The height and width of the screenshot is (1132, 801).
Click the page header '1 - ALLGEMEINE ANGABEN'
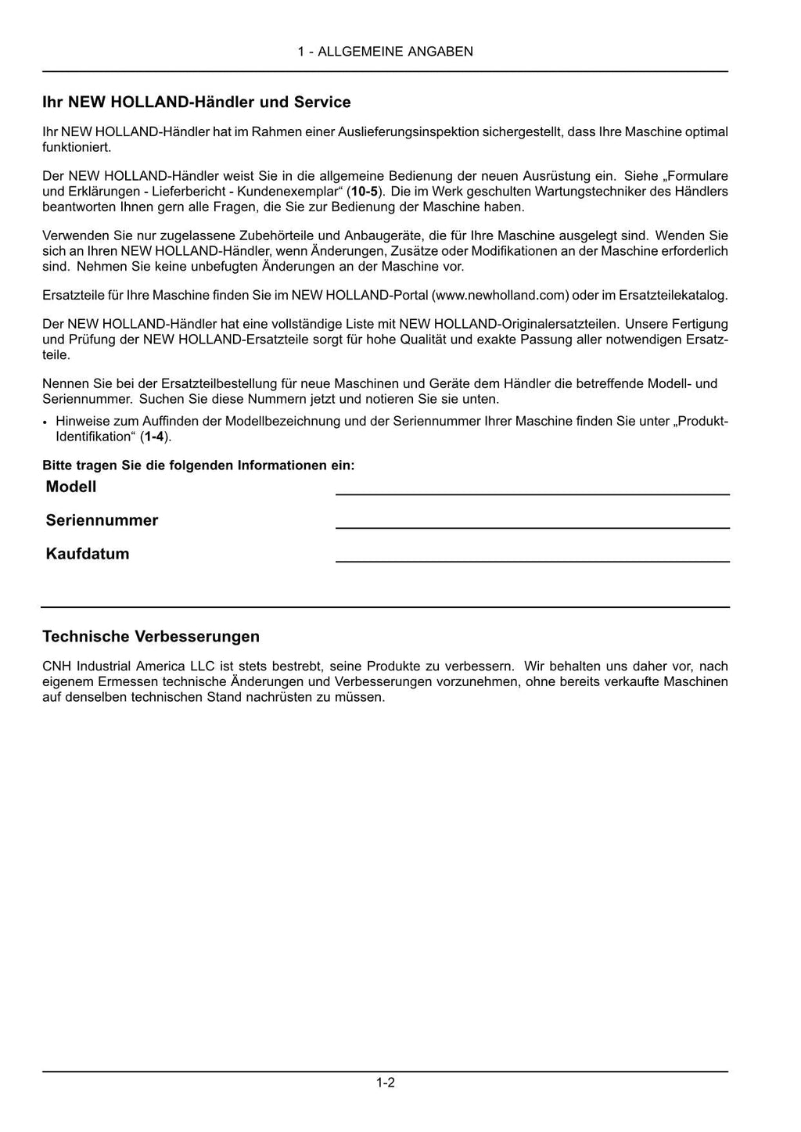click(385, 52)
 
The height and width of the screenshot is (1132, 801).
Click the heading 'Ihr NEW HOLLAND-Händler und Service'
click(196, 102)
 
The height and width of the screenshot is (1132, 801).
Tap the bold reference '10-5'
click(365, 192)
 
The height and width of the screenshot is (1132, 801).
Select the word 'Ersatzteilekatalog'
click(673, 295)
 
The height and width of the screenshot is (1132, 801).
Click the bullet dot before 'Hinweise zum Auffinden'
click(46, 422)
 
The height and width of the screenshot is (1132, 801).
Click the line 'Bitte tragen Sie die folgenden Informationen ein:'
click(199, 465)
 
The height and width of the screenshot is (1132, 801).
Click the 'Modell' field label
click(71, 487)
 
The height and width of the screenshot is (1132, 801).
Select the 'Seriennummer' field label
click(102, 520)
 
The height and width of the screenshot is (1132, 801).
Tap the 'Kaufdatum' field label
click(88, 554)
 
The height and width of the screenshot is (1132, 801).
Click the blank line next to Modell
click(532, 493)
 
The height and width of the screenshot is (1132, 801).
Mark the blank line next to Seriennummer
click(532, 526)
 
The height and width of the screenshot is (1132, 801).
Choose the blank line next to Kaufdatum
click(532, 560)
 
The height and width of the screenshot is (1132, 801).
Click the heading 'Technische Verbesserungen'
click(151, 636)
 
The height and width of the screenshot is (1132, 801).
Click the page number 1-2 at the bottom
click(385, 1083)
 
